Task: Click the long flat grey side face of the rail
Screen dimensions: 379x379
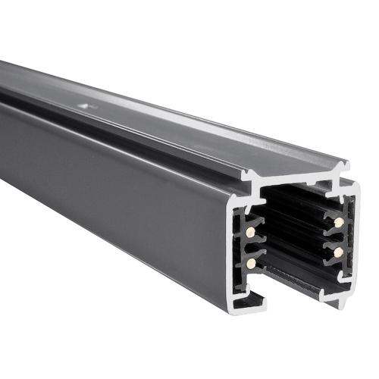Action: [114, 189]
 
